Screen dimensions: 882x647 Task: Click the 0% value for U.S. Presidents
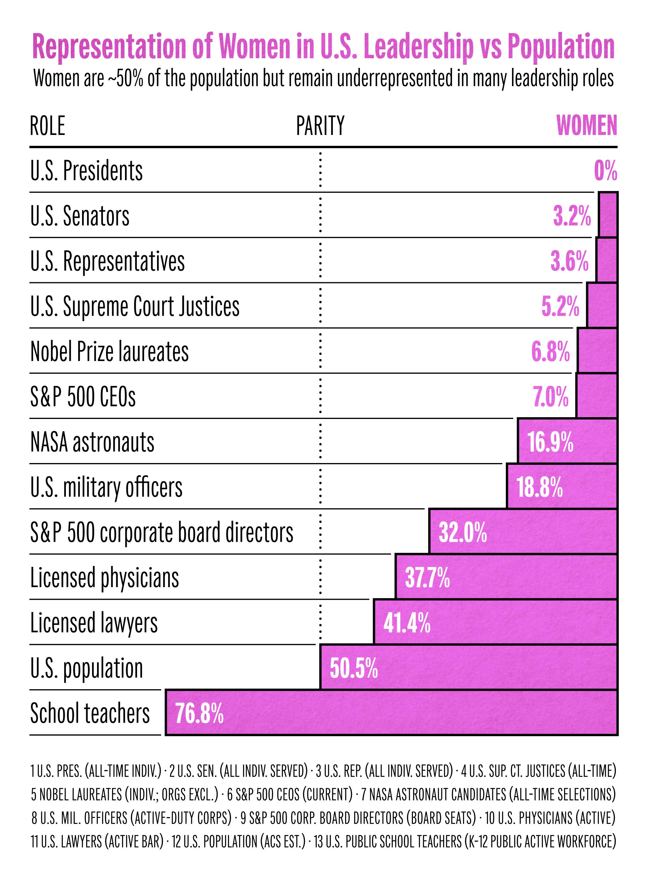coord(605,171)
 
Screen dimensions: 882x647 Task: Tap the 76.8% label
coord(199,713)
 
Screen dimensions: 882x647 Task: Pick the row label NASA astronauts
coord(92,442)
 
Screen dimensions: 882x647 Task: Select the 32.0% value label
coord(463,533)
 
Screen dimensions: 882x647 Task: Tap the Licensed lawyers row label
coord(94,623)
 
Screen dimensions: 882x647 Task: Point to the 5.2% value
coord(560,307)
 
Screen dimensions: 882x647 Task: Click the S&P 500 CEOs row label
coord(83,397)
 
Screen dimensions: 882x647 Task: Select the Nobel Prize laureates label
coord(110,352)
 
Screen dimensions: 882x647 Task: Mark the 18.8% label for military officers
coord(540,488)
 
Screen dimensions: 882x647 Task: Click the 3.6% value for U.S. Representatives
coord(569,261)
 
